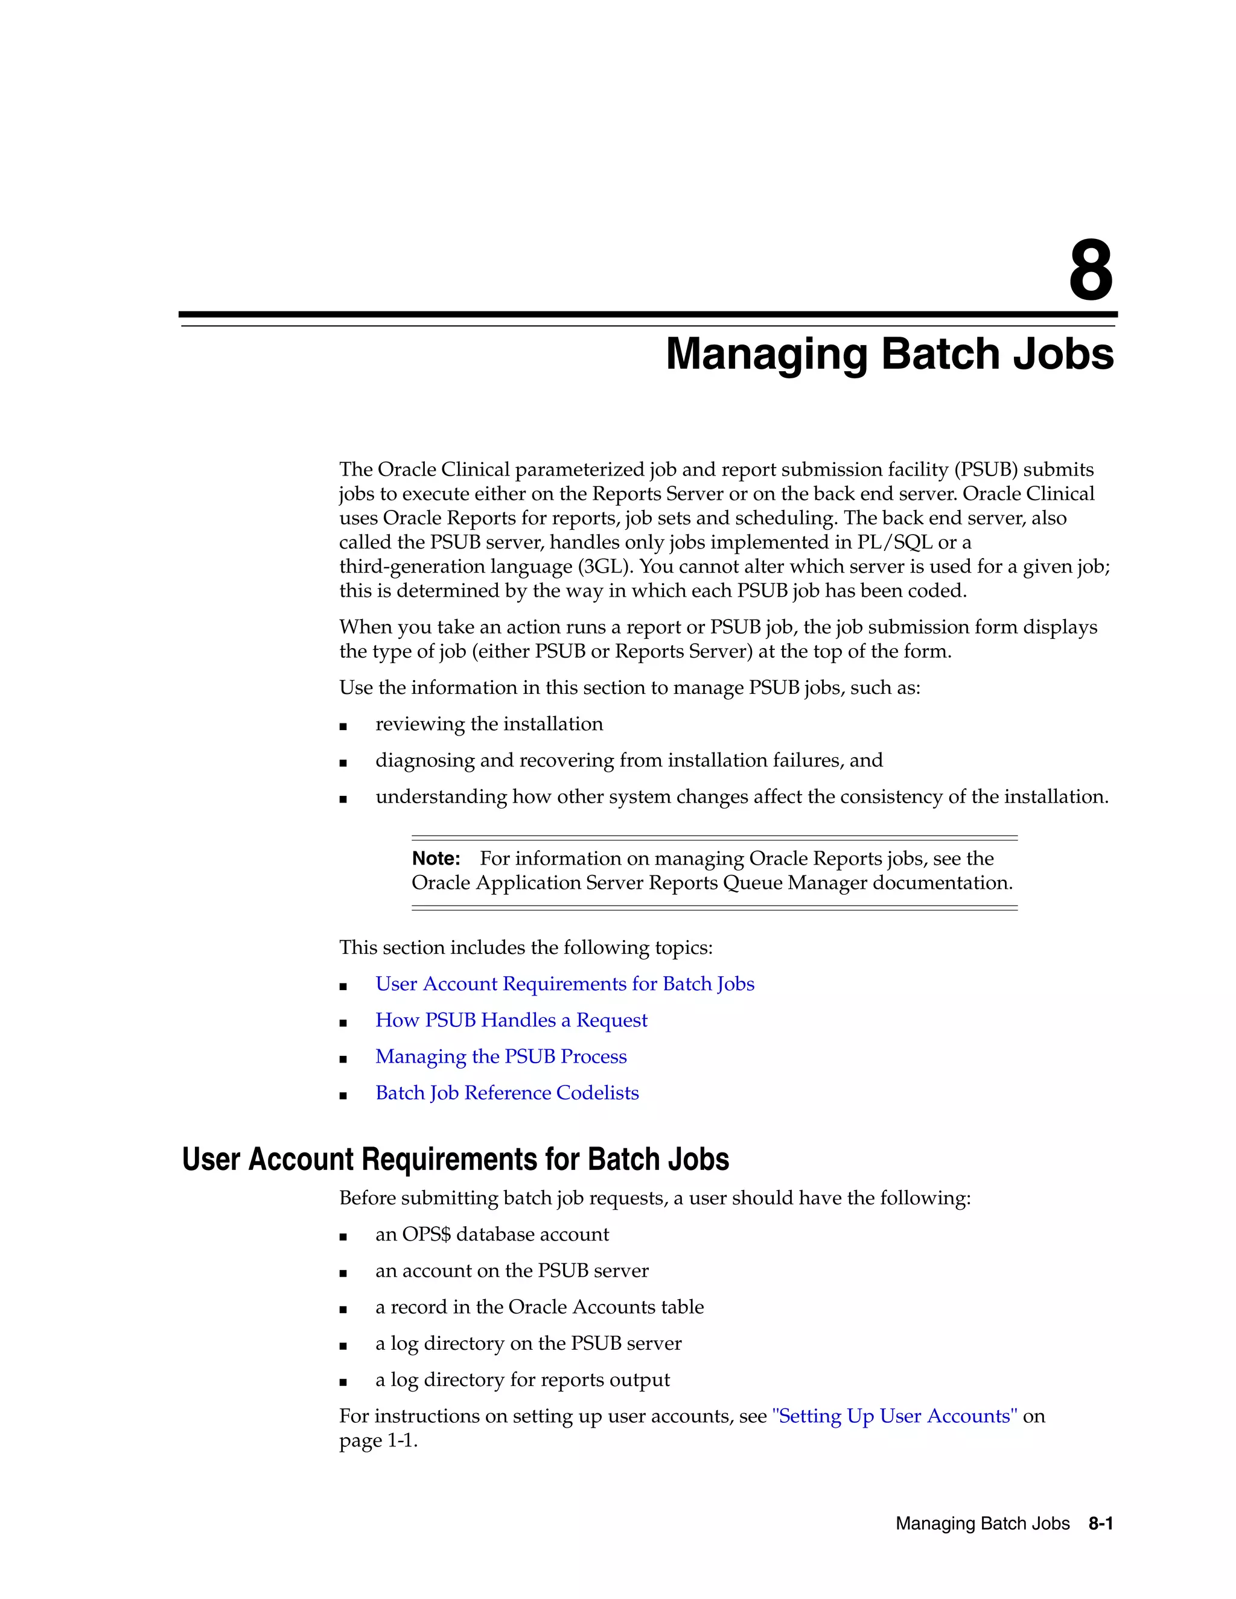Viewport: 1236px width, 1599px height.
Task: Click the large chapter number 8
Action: click(x=1091, y=271)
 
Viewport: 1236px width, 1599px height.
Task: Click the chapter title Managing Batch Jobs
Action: click(x=889, y=354)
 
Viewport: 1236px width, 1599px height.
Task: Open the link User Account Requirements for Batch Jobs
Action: click(x=564, y=984)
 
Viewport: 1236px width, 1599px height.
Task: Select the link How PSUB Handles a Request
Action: click(x=511, y=1020)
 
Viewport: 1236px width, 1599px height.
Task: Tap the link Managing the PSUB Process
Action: click(x=501, y=1057)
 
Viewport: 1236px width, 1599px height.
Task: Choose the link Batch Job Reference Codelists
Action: click(x=507, y=1093)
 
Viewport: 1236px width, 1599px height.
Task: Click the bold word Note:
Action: click(x=436, y=858)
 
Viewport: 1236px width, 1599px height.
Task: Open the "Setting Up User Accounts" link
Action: click(x=894, y=1416)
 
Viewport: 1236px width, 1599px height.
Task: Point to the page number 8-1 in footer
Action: click(x=1101, y=1524)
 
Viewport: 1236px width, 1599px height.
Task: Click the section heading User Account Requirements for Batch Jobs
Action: click(x=456, y=1160)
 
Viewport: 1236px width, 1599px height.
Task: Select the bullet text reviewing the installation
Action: click(x=489, y=724)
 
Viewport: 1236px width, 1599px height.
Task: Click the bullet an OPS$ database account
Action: click(x=492, y=1235)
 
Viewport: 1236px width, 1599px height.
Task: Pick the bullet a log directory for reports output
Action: click(x=522, y=1380)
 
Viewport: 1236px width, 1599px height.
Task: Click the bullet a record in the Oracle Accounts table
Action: click(x=540, y=1307)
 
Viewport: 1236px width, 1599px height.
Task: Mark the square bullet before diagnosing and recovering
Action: click(x=343, y=762)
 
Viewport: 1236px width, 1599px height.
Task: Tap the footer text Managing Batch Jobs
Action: click(x=982, y=1524)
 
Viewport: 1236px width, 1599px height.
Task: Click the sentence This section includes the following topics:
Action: click(x=526, y=948)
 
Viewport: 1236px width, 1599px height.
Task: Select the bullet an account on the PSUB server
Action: click(x=512, y=1271)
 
